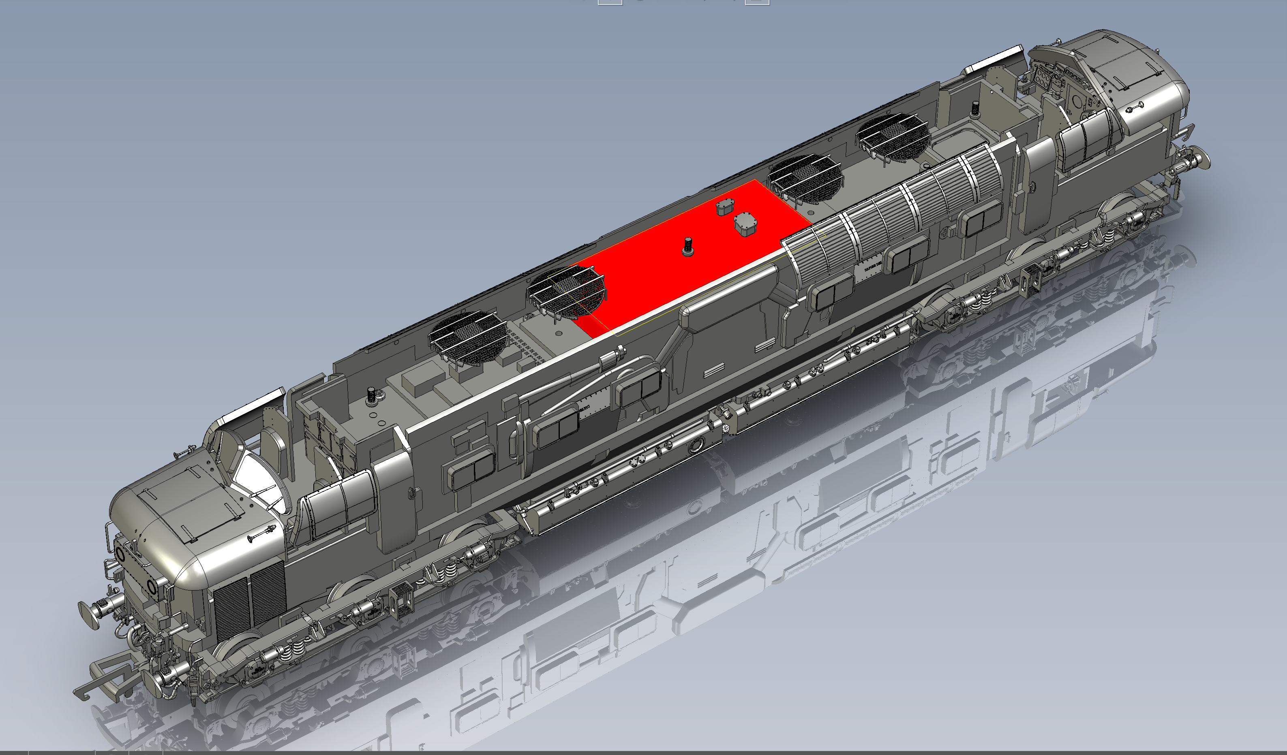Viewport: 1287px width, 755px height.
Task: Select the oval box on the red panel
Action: click(745, 225)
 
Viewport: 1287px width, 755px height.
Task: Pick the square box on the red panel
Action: click(724, 207)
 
